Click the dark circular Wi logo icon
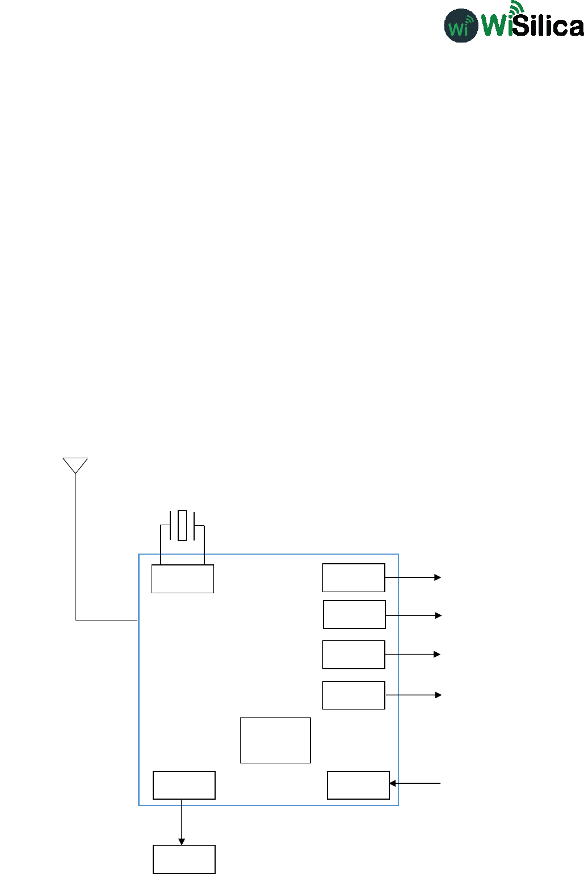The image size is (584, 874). (460, 26)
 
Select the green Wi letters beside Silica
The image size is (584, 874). (497, 26)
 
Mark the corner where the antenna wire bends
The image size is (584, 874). (75, 620)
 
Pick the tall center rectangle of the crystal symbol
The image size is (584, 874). (182, 525)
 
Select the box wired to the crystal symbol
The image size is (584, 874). (182, 579)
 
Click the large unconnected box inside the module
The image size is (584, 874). (275, 740)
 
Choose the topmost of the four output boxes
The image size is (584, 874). (354, 577)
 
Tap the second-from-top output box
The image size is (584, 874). (354, 614)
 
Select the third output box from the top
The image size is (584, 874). (354, 655)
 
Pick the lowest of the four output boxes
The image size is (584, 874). (354, 695)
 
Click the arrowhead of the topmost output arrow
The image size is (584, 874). (438, 577)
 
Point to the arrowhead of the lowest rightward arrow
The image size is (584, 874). (438, 695)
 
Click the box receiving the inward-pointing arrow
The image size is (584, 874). (358, 785)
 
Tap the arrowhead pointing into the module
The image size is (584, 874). (392, 783)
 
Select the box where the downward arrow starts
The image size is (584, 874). (184, 785)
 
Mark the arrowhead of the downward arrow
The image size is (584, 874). (182, 842)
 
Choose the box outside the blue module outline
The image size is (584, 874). (184, 859)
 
